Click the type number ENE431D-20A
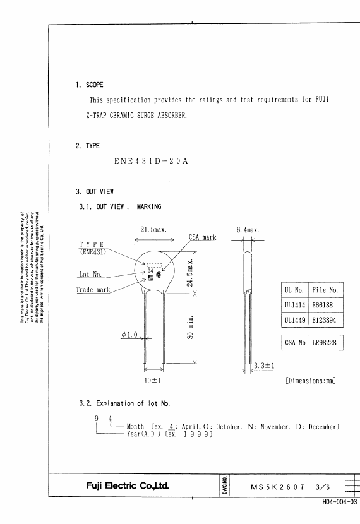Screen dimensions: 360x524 (151, 161)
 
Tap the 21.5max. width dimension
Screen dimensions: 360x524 (153, 230)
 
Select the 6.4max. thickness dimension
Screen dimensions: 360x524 (248, 230)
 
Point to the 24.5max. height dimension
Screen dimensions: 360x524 (190, 273)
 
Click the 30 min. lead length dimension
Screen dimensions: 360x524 (190, 327)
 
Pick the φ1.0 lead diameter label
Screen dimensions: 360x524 (129, 335)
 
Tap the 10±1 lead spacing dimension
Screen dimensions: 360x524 (152, 380)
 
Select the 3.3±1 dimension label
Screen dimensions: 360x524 (264, 366)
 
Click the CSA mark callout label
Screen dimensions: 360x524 (203, 237)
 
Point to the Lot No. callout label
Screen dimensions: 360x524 (90, 275)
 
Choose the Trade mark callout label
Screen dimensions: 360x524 (93, 289)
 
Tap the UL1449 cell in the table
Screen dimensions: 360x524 (295, 320)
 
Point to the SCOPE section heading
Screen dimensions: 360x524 (95, 85)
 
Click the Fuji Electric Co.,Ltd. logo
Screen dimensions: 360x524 (128, 485)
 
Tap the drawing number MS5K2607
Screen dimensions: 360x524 (277, 487)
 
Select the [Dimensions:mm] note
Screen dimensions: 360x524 (311, 380)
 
